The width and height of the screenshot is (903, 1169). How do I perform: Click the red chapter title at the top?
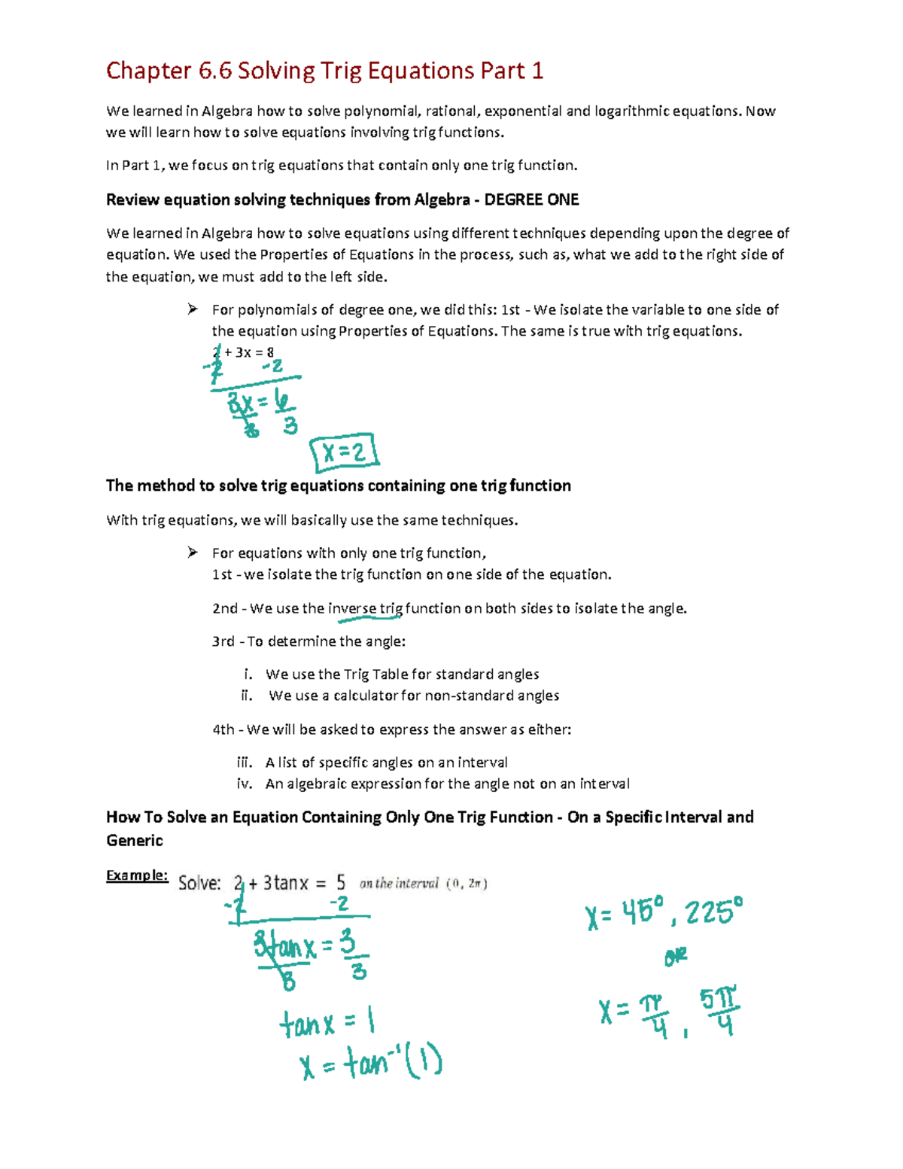(324, 71)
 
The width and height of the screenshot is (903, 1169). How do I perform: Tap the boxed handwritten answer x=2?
(344, 453)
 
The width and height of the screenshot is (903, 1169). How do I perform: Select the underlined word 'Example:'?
(136, 875)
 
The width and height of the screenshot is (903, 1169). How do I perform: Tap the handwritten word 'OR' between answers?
(676, 957)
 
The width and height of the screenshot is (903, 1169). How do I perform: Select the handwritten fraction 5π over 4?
(719, 1011)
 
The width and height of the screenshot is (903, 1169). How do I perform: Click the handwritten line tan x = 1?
(327, 1023)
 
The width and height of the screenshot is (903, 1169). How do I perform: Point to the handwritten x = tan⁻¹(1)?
(371, 1064)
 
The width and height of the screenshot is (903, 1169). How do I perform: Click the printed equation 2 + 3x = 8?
(243, 352)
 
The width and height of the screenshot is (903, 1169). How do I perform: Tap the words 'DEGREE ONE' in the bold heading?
(531, 200)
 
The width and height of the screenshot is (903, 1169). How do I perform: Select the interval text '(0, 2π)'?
(467, 884)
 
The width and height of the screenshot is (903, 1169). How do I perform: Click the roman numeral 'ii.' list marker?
(247, 696)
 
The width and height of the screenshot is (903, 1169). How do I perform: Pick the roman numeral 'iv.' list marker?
(245, 784)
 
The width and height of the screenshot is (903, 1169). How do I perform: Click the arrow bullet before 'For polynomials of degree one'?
(193, 309)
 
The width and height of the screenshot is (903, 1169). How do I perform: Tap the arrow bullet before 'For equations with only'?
(193, 553)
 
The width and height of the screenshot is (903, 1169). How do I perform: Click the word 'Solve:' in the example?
(199, 884)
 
